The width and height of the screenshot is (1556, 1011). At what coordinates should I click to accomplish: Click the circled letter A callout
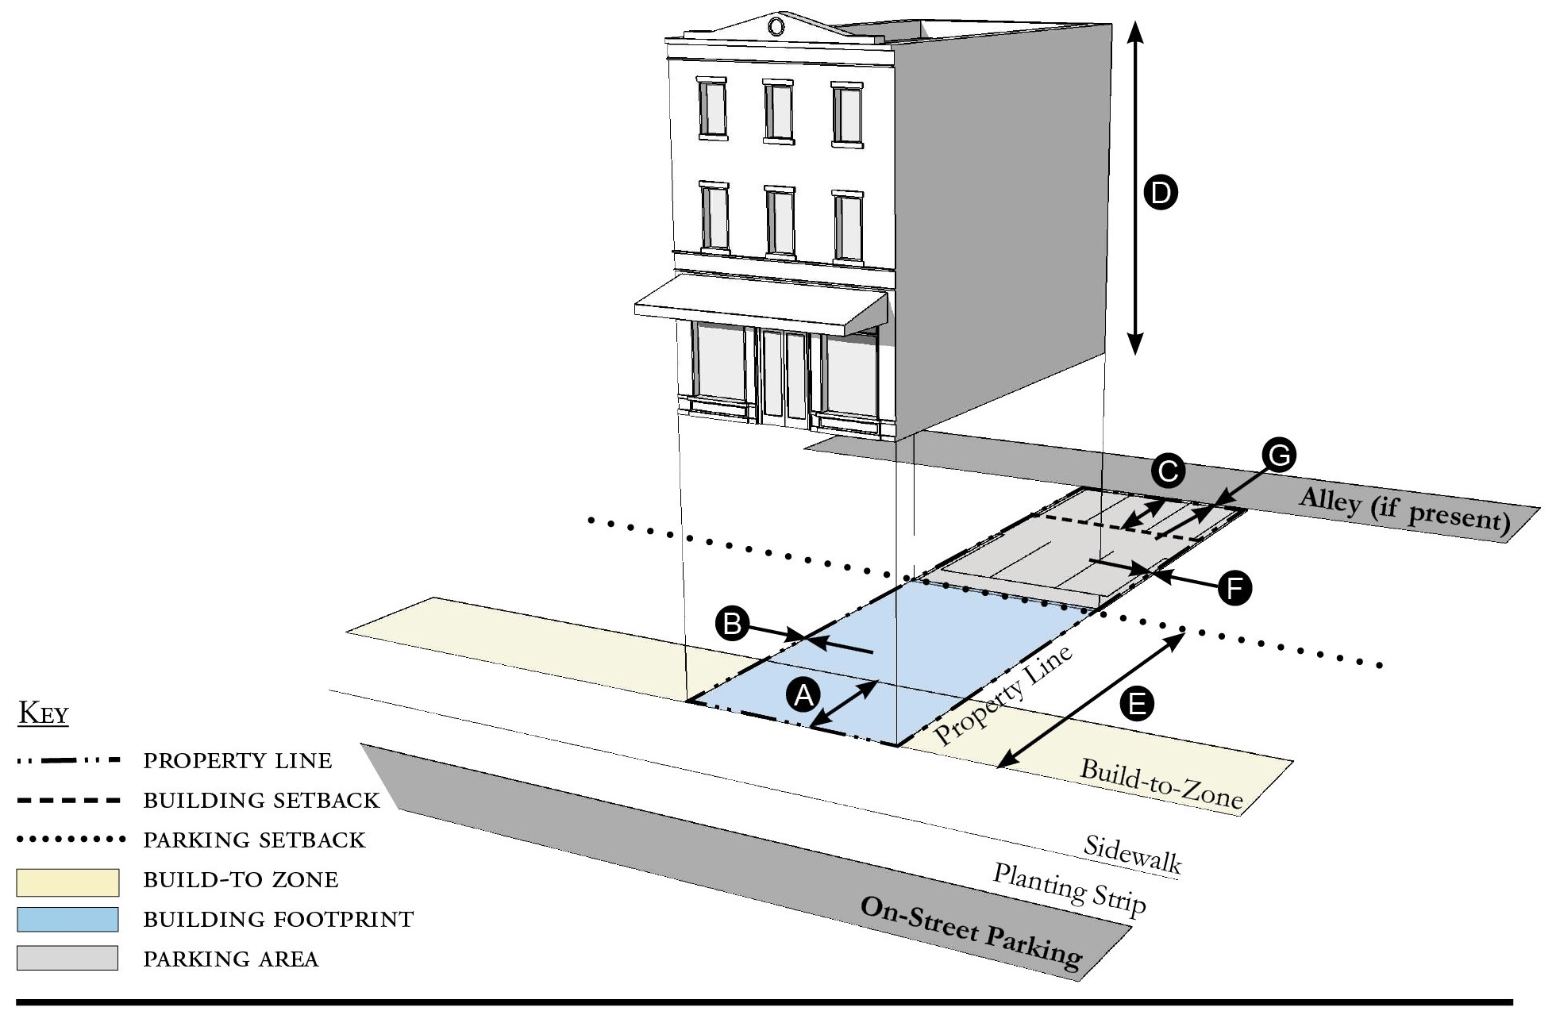pyautogui.click(x=803, y=696)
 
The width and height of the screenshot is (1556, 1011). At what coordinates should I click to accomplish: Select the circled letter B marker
pyautogui.click(x=732, y=624)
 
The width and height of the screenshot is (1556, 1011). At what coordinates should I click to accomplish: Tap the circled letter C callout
pyautogui.click(x=1168, y=472)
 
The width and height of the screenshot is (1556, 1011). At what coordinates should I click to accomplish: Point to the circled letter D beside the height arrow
pyautogui.click(x=1160, y=193)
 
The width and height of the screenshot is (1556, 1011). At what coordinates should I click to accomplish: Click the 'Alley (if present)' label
pyautogui.click(x=1404, y=509)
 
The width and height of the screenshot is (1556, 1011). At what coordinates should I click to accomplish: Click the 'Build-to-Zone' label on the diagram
pyautogui.click(x=1161, y=784)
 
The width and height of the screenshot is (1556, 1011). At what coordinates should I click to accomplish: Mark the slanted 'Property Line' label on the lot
pyautogui.click(x=1003, y=695)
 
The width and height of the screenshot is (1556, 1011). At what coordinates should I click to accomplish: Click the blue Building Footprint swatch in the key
pyautogui.click(x=67, y=919)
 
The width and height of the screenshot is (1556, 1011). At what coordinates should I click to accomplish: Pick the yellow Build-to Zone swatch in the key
pyautogui.click(x=67, y=881)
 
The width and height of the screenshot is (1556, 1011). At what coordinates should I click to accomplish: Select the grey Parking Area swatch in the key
pyautogui.click(x=67, y=958)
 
